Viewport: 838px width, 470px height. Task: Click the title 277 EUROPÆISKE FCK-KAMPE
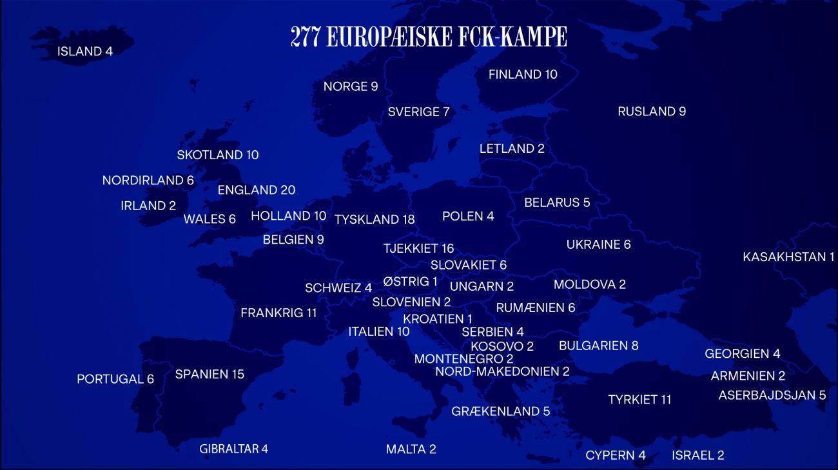coord(429,37)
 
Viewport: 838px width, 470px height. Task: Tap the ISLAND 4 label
coord(85,52)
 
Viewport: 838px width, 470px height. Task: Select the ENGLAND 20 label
coord(257,190)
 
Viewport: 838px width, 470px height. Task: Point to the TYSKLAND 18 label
coord(375,220)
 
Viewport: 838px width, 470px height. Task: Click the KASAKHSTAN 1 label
coord(788,257)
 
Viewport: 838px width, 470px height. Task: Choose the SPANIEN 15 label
coord(209,375)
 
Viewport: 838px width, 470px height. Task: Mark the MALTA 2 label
coord(411,449)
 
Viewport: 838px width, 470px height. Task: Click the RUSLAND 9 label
coord(651,112)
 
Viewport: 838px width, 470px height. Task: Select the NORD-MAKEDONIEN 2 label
coord(502,371)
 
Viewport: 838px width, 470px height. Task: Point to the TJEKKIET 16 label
coord(418,249)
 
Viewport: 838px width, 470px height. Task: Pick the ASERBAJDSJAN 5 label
coord(772,395)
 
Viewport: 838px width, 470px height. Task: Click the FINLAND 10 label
coord(523,75)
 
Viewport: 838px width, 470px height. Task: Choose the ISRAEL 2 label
coord(697,456)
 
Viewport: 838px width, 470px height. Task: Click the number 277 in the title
coord(306,37)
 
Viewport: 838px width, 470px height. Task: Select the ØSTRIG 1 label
coord(410,282)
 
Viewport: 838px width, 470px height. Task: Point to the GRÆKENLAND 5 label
coord(500,411)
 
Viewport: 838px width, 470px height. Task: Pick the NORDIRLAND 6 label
coord(148,181)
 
